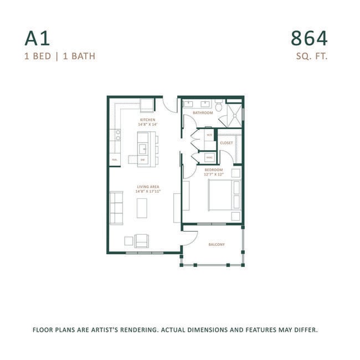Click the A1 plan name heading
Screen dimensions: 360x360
37,38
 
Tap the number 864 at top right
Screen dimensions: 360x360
309,38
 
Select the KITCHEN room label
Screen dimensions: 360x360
147,120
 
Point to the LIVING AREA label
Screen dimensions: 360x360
148,187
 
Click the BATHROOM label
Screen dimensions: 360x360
203,113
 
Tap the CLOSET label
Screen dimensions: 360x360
227,143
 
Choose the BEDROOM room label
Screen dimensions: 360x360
213,169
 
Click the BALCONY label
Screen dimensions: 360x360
217,244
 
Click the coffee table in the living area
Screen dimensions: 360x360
142,208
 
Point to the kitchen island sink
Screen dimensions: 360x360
142,148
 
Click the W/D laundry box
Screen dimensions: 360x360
209,135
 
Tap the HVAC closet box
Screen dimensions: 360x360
209,157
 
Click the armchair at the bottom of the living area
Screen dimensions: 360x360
142,240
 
